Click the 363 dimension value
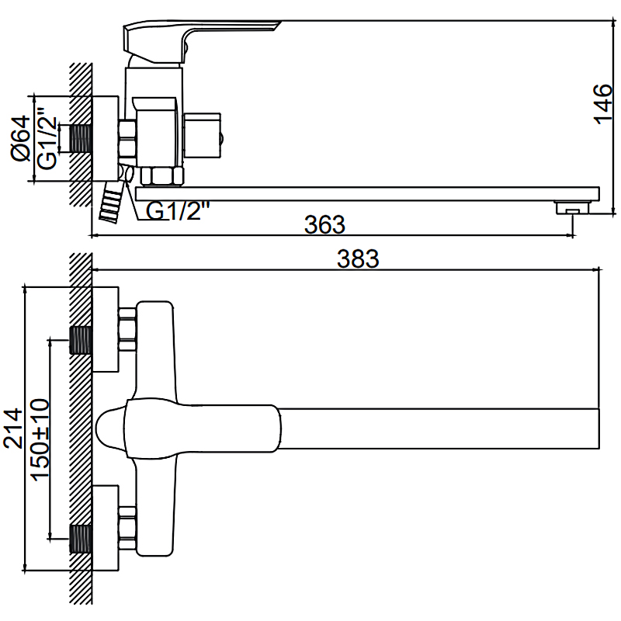pos(324,224)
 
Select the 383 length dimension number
pos(358,259)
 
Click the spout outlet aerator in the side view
pos(572,207)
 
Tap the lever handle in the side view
pos(198,35)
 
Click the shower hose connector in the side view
pos(113,203)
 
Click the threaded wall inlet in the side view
pos(81,138)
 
